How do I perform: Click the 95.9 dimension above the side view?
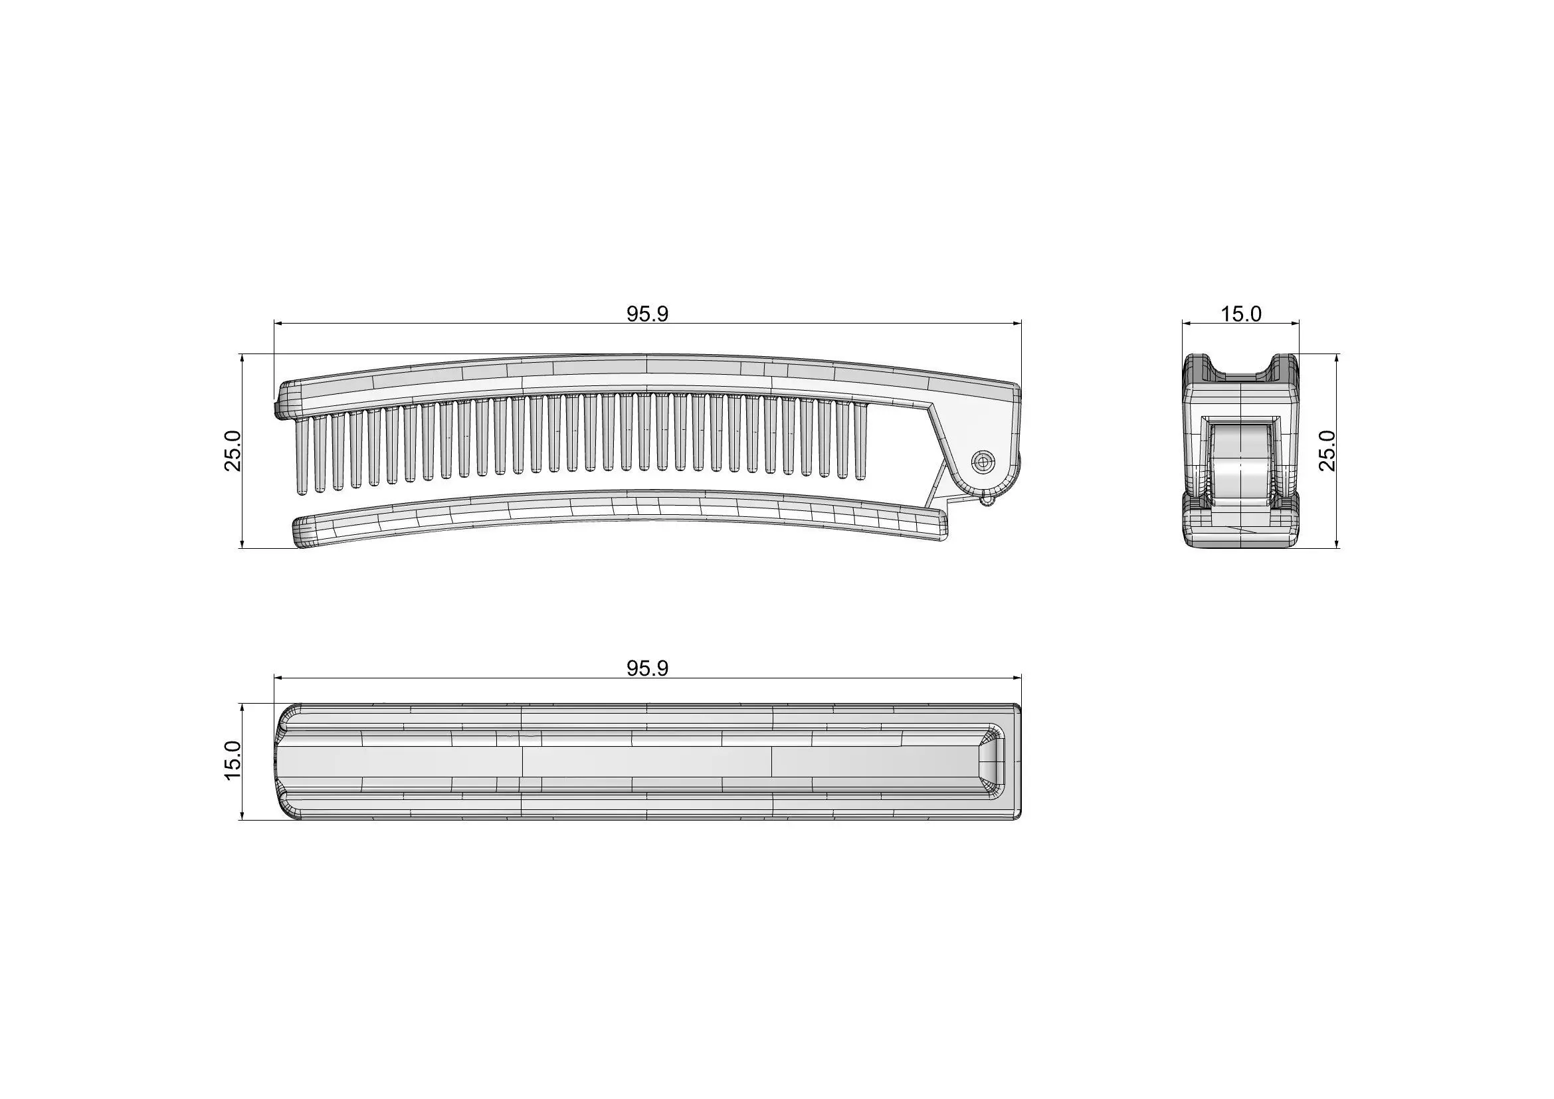pos(647,314)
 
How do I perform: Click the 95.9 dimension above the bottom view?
pos(647,668)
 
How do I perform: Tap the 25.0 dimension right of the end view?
pos(1327,450)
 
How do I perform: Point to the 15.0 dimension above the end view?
pos(1240,314)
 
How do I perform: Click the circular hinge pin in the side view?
pos(983,462)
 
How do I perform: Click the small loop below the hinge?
pos(987,500)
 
